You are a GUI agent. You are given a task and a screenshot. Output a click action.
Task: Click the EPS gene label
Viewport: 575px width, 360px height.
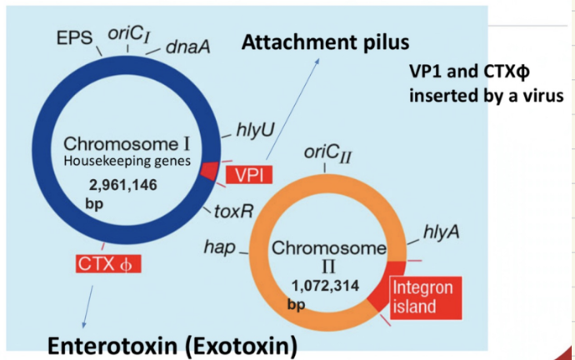74,37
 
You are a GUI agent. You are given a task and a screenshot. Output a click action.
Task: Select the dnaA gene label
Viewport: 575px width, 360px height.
187,46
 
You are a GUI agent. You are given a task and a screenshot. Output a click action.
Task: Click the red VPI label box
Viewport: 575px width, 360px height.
247,175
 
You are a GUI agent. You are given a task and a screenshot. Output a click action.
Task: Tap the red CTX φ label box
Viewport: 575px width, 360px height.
107,264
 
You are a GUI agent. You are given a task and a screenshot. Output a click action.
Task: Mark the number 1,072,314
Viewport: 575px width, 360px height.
326,285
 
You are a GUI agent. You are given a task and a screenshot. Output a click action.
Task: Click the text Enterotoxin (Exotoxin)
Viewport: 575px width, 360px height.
172,343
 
